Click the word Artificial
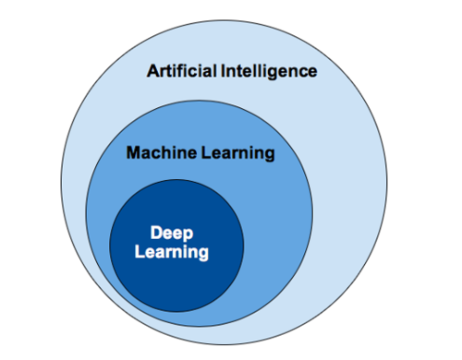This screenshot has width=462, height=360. pos(182,71)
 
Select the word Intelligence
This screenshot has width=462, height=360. pos(269,71)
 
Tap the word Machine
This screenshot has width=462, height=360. pos(156,153)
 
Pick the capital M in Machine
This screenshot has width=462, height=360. pos(132,153)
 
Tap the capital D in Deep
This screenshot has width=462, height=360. pos(157,234)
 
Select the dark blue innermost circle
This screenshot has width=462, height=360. pos(176,277)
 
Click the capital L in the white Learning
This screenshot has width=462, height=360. pos(140,251)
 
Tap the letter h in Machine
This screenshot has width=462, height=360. pos(163,153)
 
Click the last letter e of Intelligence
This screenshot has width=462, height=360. pos(312,71)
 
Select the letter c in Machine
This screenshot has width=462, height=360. pos(153,154)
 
